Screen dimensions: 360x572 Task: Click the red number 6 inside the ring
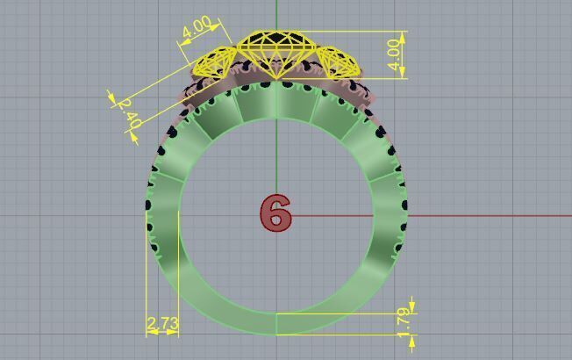(275, 213)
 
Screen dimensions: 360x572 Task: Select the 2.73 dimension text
(163, 324)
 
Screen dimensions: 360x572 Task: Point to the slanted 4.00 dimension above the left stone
(197, 28)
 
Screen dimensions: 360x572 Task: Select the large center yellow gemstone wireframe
(275, 53)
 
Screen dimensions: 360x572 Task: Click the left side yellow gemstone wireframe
(213, 63)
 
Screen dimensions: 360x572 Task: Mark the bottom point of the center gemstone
(276, 79)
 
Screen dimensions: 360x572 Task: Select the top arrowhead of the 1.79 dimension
(412, 308)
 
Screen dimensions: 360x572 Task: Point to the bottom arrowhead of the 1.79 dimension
(412, 338)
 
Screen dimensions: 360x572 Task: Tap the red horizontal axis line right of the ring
(491, 215)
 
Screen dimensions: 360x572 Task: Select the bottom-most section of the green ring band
(276, 322)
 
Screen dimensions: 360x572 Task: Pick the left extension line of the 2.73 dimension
(147, 272)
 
